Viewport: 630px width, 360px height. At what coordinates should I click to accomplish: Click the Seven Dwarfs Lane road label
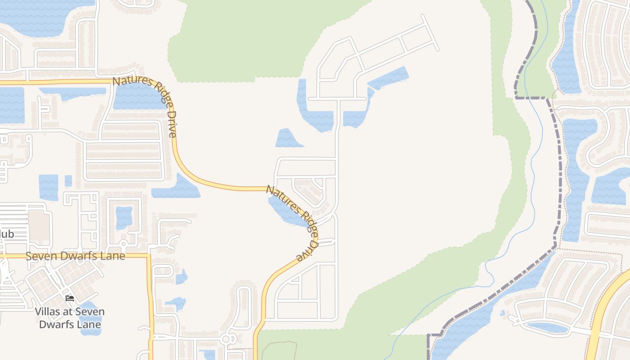75,256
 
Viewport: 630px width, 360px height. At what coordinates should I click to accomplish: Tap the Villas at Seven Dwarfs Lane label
70,318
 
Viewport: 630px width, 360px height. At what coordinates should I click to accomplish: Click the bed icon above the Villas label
69,298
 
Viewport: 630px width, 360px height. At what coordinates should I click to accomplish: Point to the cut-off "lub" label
7,234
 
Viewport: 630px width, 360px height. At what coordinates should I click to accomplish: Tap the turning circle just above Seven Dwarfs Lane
123,244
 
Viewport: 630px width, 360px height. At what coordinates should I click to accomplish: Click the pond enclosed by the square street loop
124,218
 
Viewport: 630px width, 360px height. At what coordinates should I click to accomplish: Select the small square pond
68,181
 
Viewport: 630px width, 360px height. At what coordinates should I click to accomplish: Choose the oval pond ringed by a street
547,327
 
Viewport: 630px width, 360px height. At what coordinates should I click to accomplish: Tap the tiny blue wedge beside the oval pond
503,313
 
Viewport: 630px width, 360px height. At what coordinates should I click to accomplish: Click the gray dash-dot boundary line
560,180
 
